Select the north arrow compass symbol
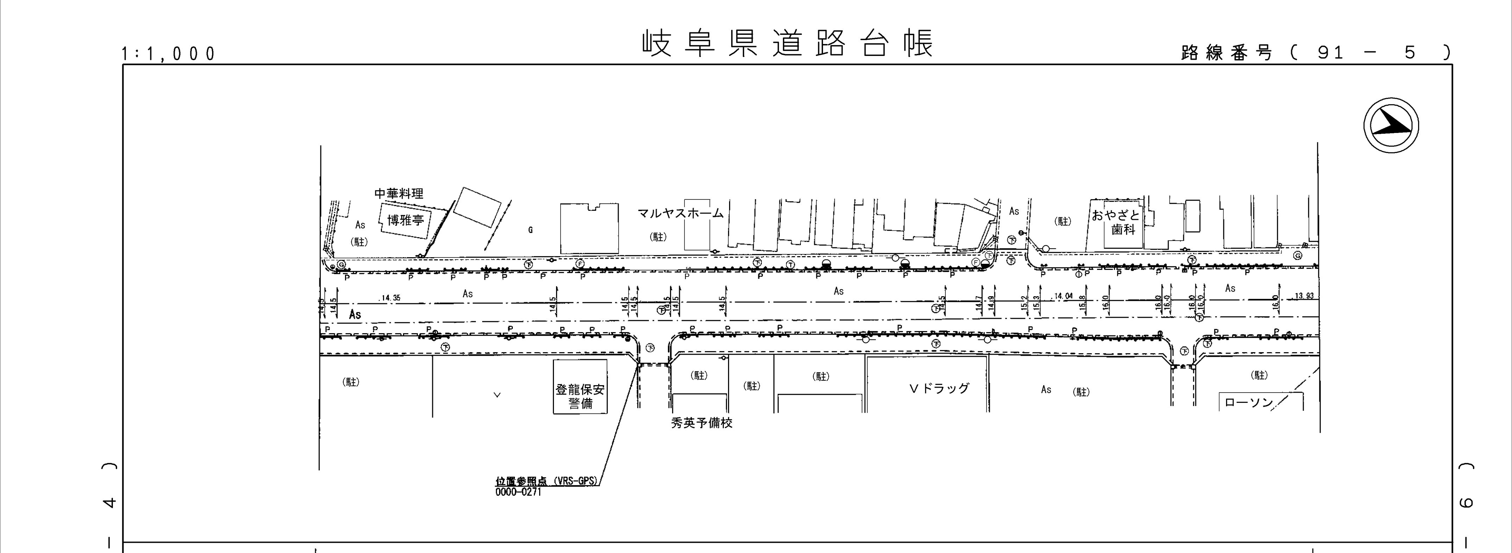(x=1391, y=126)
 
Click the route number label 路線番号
(x=1227, y=53)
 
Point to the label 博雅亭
(x=406, y=221)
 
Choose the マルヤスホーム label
(x=681, y=214)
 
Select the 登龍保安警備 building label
(x=580, y=396)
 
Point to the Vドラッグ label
(x=939, y=389)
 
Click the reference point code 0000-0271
(x=518, y=492)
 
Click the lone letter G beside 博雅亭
(x=530, y=230)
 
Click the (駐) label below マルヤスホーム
(x=658, y=237)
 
